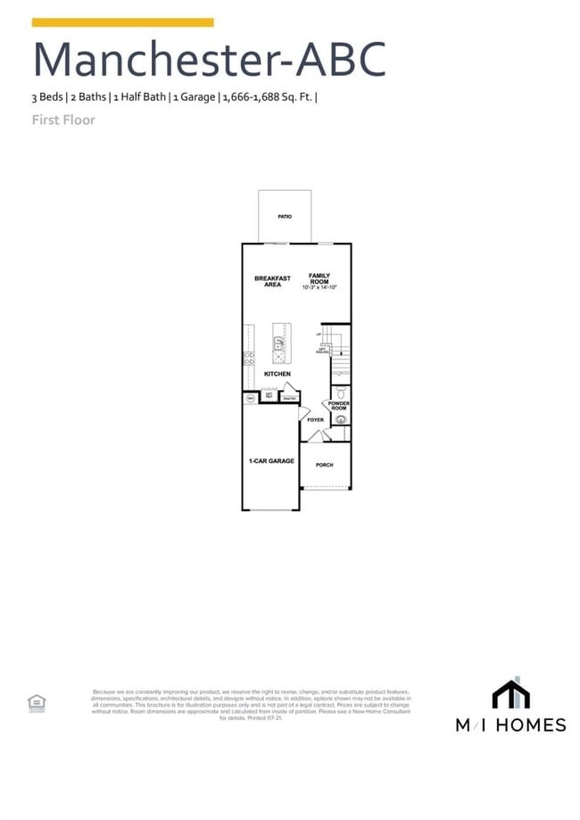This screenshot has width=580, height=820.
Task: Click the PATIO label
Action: pos(285,217)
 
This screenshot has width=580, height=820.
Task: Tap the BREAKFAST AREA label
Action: pos(272,281)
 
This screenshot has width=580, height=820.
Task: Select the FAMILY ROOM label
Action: pos(319,278)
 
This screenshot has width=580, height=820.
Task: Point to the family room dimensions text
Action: pos(319,288)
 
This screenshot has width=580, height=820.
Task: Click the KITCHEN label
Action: pos(277,374)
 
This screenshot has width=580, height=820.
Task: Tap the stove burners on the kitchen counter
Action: pos(249,359)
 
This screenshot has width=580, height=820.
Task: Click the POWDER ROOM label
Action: pos(339,405)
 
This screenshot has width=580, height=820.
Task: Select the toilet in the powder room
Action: pos(340,392)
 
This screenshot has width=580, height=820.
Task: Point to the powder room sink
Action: pos(340,418)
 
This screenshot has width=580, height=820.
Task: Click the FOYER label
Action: pos(315,419)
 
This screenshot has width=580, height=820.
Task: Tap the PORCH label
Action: pos(324,465)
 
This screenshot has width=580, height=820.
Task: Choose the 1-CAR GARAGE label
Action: pos(271,461)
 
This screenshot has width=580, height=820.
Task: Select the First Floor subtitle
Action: pos(63,120)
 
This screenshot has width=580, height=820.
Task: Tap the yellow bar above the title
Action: pos(123,22)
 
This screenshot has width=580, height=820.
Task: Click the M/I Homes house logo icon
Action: pos(510,694)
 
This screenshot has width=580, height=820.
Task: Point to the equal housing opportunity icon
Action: pos(37,702)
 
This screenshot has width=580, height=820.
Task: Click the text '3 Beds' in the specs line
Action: pos(47,97)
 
